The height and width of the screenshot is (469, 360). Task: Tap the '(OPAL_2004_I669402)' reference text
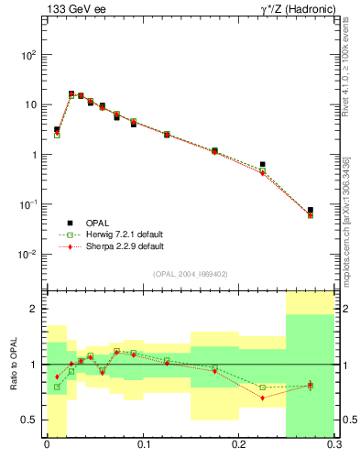click(190, 273)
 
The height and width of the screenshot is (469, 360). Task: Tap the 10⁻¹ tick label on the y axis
click(30, 204)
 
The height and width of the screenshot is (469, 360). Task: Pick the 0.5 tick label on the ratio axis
click(32, 420)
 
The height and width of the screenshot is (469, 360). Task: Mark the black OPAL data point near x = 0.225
click(262, 165)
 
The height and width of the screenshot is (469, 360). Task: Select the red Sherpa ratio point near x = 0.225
click(262, 398)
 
